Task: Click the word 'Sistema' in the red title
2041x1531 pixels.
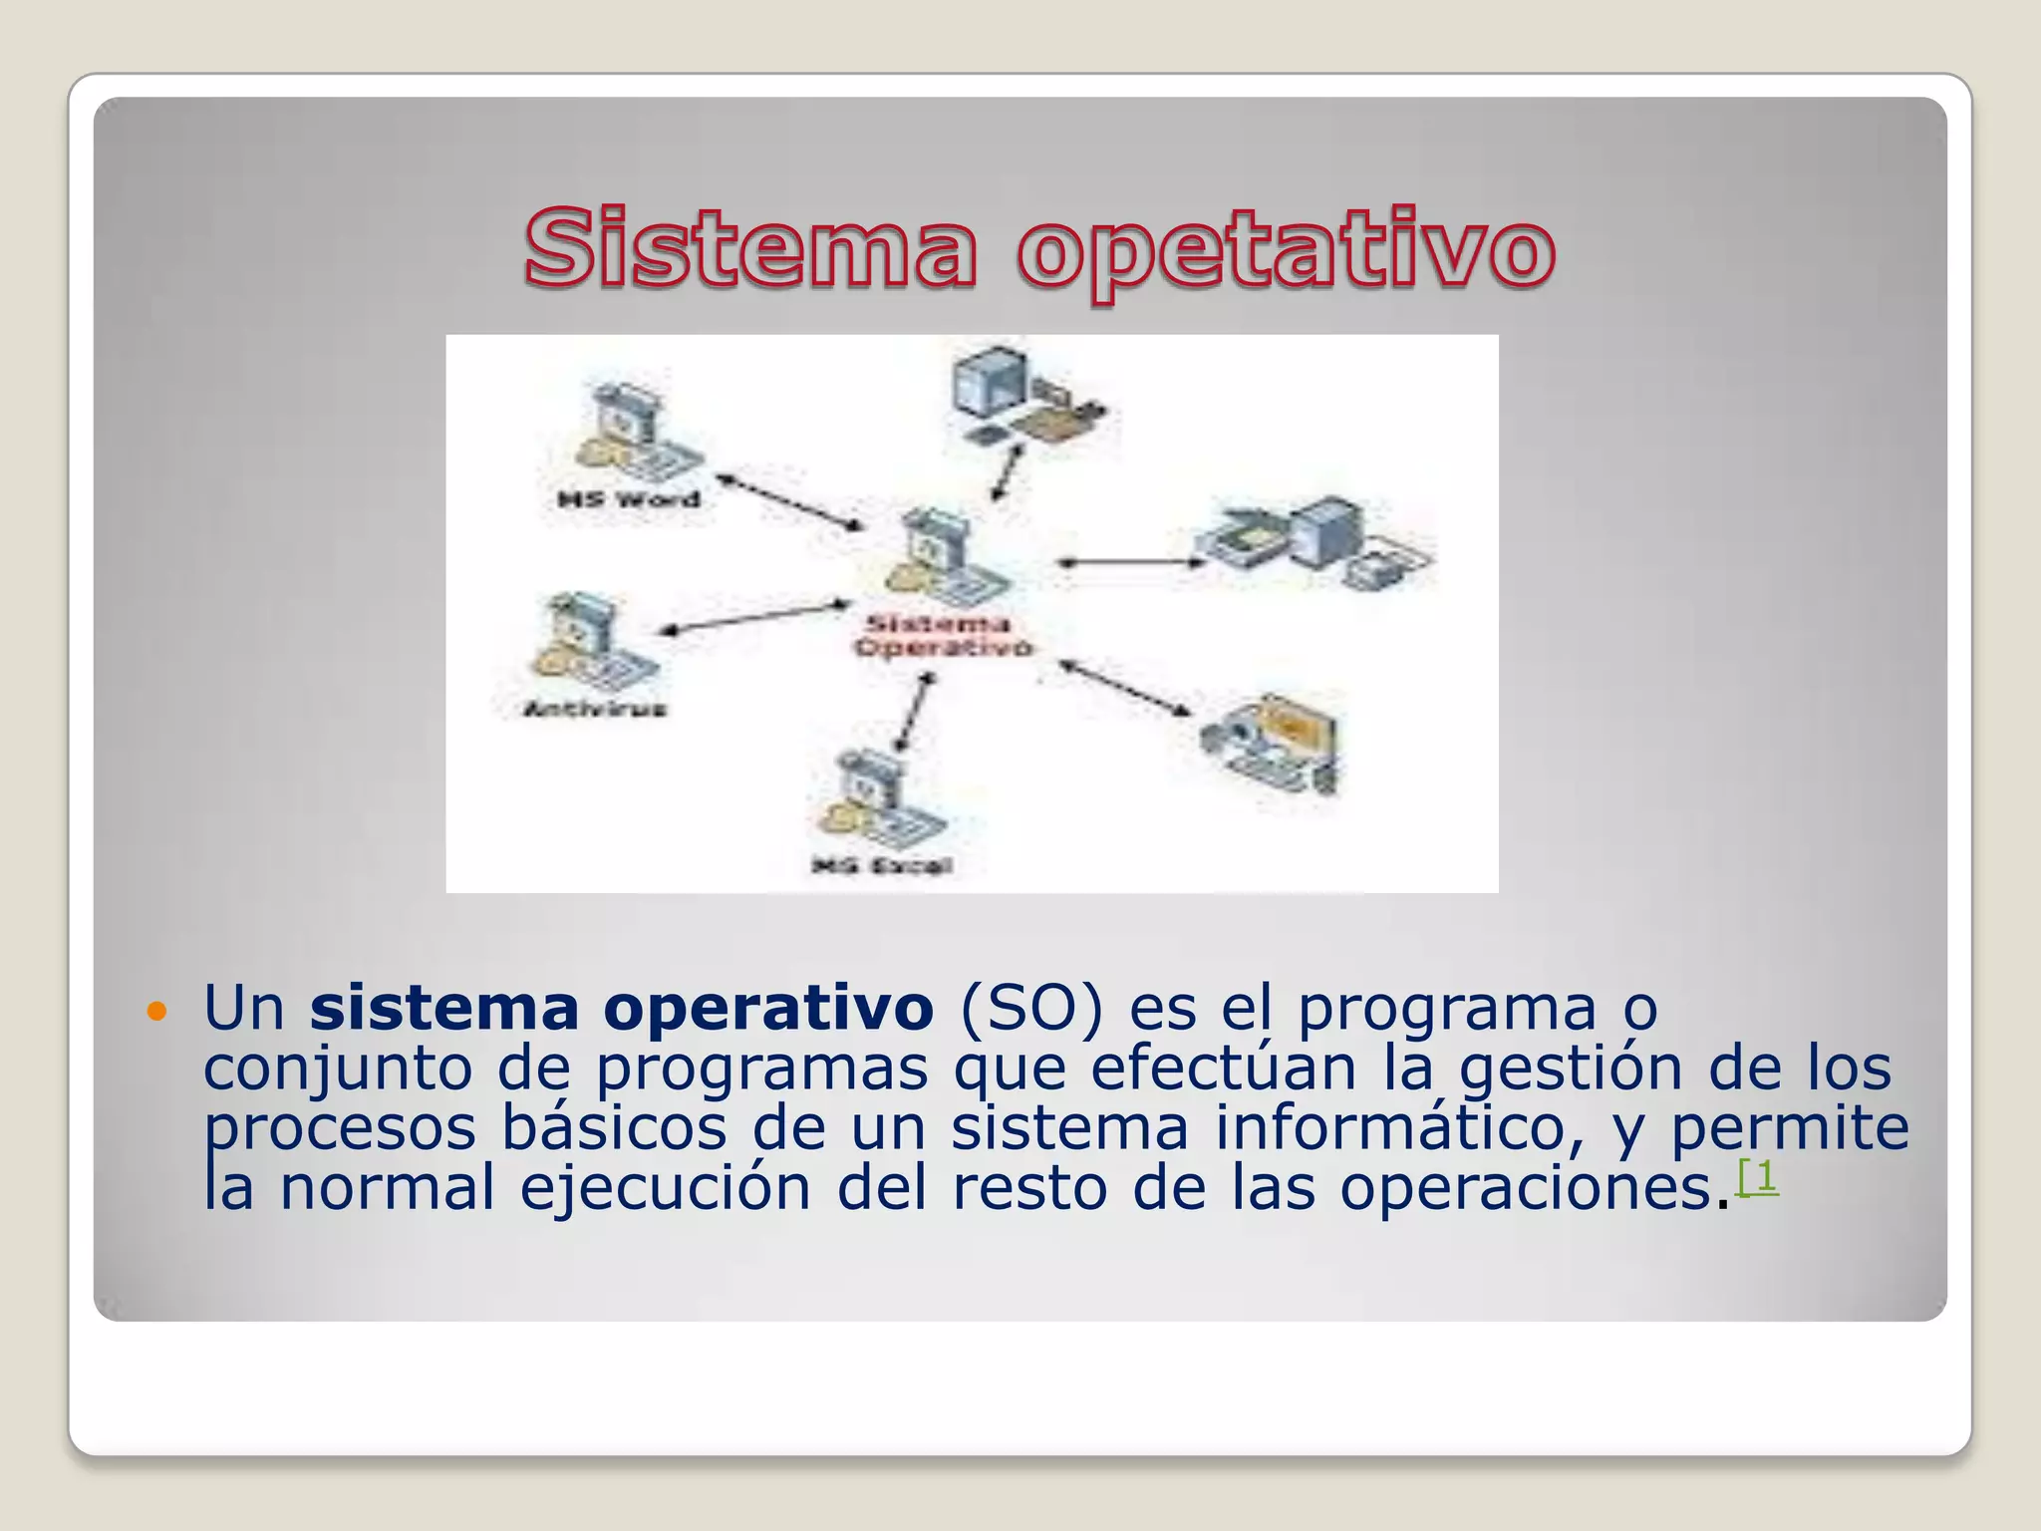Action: click(749, 247)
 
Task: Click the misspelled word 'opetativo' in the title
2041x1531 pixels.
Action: click(1286, 251)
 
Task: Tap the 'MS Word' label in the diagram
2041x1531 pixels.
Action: click(629, 498)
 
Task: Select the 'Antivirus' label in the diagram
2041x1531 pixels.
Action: click(595, 709)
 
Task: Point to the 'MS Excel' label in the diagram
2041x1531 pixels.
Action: click(882, 865)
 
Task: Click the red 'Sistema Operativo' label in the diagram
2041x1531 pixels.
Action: click(942, 636)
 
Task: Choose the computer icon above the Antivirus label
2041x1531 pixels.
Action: click(588, 643)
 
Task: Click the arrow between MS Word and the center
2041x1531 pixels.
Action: click(789, 501)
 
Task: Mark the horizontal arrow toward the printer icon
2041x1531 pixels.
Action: click(1131, 563)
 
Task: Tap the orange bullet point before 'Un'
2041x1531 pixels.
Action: click(156, 1013)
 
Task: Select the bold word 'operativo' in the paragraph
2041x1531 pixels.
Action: click(767, 1009)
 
